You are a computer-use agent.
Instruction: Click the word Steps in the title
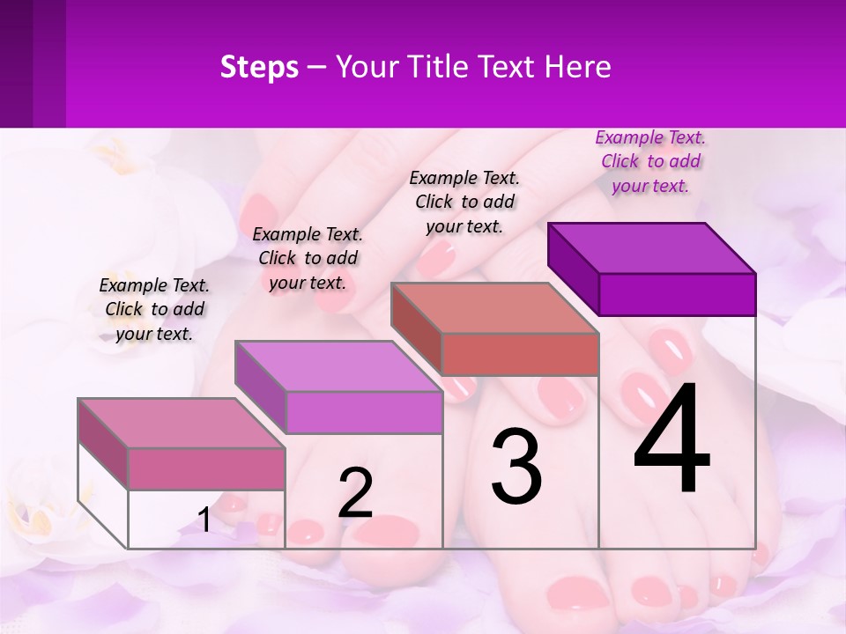(259, 67)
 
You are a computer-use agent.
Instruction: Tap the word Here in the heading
(578, 67)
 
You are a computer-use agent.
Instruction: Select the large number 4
(672, 440)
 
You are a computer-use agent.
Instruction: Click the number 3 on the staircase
(516, 467)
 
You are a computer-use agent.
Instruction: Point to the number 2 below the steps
(355, 493)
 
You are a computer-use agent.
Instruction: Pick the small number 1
(204, 520)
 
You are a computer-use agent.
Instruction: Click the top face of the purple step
(652, 247)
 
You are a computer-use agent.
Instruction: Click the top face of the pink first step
(182, 424)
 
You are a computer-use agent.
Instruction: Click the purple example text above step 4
(650, 162)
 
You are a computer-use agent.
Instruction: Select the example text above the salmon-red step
(464, 202)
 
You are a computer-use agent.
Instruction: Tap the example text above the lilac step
(308, 258)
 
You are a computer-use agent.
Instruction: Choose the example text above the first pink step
(154, 309)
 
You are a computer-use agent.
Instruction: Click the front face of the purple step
(677, 294)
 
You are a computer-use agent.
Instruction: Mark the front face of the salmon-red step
(520, 354)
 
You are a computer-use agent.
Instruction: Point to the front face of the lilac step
(364, 412)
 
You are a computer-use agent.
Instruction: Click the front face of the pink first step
(206, 468)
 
